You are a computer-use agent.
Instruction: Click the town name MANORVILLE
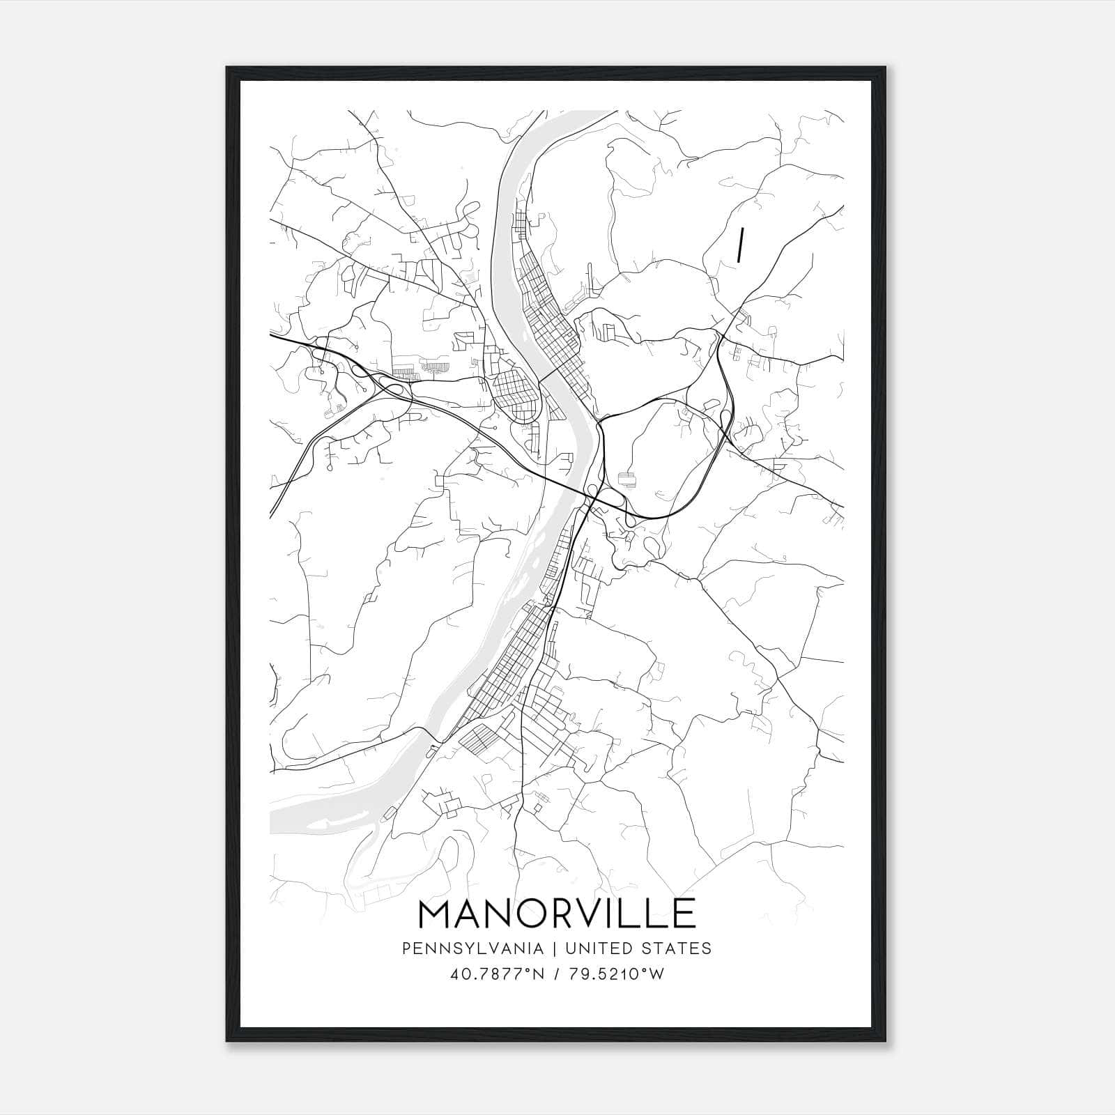coord(557,913)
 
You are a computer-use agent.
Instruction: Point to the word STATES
coord(678,948)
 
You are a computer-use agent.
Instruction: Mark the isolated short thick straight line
coord(741,245)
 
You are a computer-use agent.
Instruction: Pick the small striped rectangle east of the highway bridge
coord(627,479)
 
